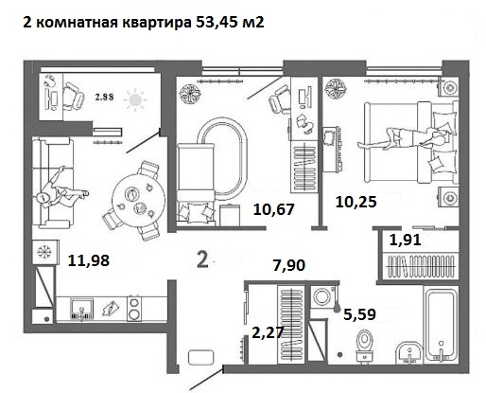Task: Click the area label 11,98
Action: [89, 260]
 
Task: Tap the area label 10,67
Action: [273, 209]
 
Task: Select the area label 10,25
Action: [356, 202]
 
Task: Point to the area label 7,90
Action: [289, 265]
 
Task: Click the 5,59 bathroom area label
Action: [359, 314]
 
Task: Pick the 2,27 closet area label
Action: [268, 332]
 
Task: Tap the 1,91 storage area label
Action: [405, 240]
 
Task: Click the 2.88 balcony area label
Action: [104, 98]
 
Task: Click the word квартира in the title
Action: [156, 23]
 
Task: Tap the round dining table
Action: [139, 200]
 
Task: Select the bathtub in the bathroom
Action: [441, 325]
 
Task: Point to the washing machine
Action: [322, 296]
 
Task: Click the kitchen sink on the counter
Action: [81, 310]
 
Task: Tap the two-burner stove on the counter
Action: [134, 309]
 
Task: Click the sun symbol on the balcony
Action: [135, 99]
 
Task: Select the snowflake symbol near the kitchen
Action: [44, 252]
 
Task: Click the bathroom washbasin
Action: [408, 352]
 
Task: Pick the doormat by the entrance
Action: [201, 358]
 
